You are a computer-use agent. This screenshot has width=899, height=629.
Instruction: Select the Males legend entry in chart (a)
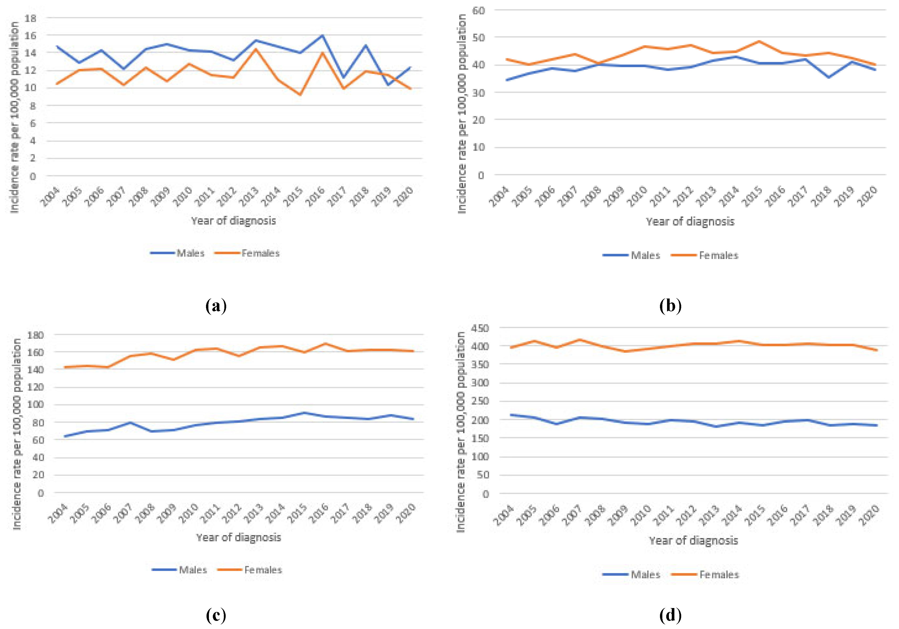(x=177, y=253)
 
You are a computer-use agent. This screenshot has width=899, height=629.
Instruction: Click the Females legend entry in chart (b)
(x=705, y=255)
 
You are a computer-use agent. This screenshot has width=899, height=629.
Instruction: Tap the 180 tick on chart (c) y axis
(x=35, y=335)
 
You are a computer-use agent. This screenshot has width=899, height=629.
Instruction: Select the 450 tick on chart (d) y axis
(x=479, y=328)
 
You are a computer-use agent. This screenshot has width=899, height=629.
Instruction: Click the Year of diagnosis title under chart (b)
(x=690, y=221)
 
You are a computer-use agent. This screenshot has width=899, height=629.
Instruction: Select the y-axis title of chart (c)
(x=17, y=435)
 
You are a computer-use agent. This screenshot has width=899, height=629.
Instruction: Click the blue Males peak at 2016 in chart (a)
(x=322, y=36)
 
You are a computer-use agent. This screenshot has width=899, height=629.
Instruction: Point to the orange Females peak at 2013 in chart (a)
(x=256, y=49)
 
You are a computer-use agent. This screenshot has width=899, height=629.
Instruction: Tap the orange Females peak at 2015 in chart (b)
(x=759, y=41)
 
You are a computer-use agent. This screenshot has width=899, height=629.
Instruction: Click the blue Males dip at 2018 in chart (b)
(x=828, y=77)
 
